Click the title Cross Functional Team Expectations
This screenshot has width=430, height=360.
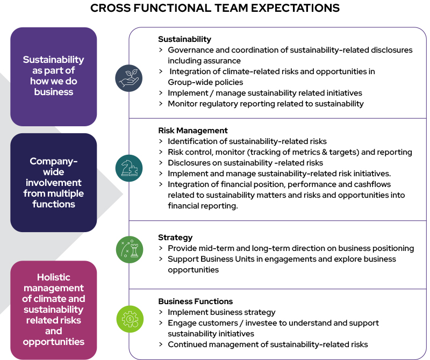(215, 8)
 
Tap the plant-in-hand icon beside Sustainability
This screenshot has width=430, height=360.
(129, 78)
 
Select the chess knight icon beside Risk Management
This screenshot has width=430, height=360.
(129, 168)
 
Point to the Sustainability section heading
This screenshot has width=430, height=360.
(184, 39)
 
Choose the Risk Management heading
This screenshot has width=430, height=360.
(193, 131)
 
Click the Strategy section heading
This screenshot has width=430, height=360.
(175, 237)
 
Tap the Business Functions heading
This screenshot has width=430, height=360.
(196, 301)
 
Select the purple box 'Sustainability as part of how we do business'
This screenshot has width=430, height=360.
(54, 76)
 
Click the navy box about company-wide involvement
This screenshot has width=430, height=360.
(54, 183)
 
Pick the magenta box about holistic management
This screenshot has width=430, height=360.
(54, 309)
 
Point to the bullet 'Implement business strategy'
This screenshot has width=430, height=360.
(221, 312)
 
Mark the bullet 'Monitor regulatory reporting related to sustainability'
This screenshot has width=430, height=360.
(266, 104)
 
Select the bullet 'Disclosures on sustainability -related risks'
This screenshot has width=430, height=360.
(245, 163)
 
